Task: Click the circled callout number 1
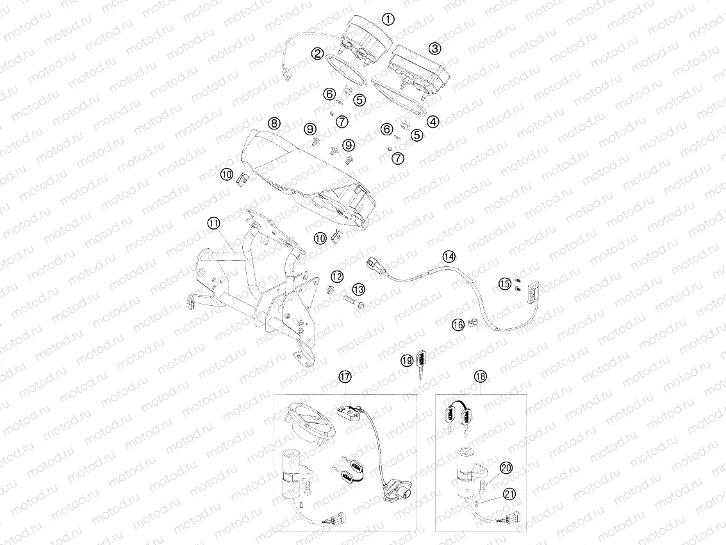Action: [388, 19]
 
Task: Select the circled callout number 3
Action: [434, 48]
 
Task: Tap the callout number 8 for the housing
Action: [274, 122]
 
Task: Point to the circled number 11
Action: [213, 222]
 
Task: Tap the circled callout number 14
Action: [449, 256]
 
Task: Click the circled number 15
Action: [506, 283]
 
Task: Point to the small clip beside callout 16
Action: [472, 320]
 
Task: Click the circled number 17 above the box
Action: [345, 377]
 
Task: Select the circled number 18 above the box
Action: [481, 377]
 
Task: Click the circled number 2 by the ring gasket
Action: [317, 54]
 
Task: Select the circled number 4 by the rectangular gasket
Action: [434, 121]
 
